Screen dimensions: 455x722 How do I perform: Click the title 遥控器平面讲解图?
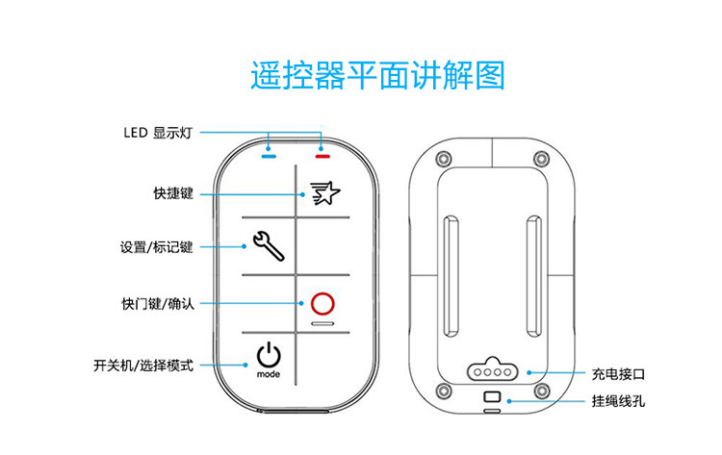click(x=377, y=75)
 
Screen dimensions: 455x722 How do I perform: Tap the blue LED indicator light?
click(x=269, y=154)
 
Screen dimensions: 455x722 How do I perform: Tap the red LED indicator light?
click(x=322, y=154)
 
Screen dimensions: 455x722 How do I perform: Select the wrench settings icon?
click(x=268, y=248)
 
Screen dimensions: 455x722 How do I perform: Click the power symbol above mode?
click(x=269, y=355)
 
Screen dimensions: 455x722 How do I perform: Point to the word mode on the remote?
click(x=269, y=373)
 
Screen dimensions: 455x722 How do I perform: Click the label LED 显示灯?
click(x=159, y=133)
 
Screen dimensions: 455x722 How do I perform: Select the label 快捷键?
click(x=173, y=193)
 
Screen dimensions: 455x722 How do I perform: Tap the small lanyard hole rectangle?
click(x=492, y=396)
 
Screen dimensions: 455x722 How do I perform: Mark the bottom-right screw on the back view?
click(x=543, y=392)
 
